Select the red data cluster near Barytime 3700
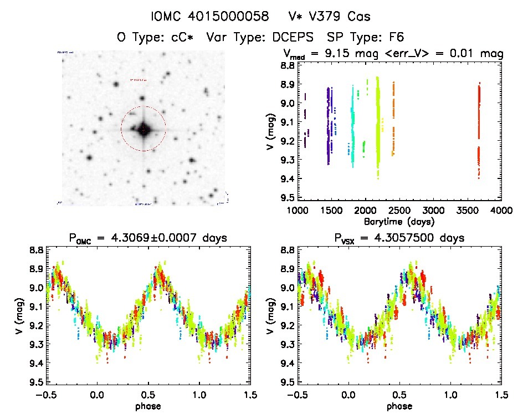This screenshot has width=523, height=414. [x=479, y=127]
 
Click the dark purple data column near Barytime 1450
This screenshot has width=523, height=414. [x=329, y=125]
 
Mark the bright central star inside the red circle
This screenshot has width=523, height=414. [x=143, y=129]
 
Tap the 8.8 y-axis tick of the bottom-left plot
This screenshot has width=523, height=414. [x=37, y=250]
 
